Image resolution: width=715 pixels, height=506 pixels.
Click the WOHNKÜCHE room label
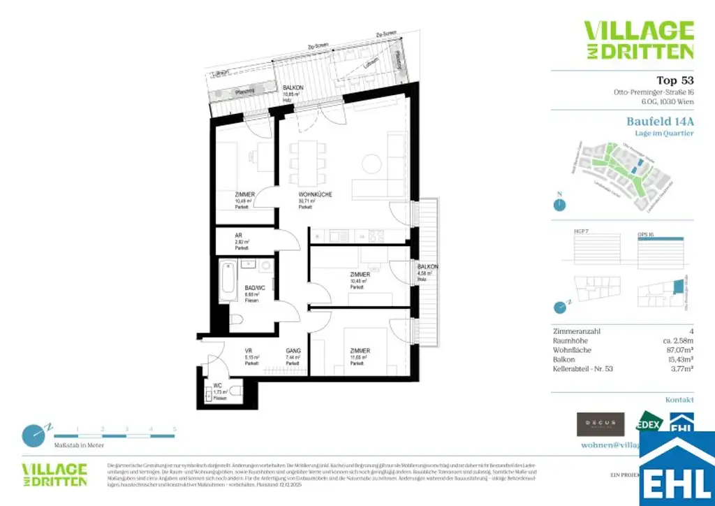coord(315,194)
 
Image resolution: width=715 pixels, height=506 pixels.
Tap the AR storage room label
coord(239,236)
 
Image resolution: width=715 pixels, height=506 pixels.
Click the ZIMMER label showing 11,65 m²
coord(360,351)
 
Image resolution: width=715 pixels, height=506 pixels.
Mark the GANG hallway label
coord(293,351)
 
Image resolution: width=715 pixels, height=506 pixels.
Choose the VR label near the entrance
coord(248,351)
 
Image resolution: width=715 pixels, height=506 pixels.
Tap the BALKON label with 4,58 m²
coord(427,267)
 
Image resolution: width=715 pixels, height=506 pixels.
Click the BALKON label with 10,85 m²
coord(292,87)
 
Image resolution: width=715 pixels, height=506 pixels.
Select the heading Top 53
coord(675,80)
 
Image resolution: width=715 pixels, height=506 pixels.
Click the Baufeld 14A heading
coord(659,121)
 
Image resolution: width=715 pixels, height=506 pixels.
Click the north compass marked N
coord(559,205)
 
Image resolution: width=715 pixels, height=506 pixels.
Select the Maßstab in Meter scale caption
coord(79,445)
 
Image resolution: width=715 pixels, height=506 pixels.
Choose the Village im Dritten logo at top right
coord(638,40)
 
